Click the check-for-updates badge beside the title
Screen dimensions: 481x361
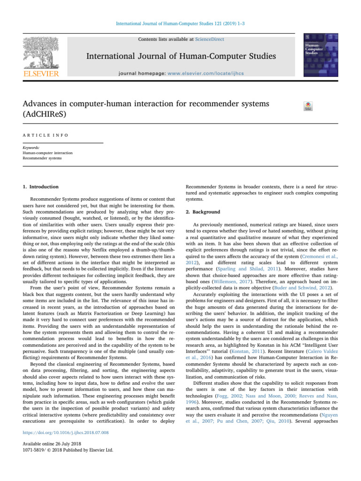tap(309, 107)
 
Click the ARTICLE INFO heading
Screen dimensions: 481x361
tap(46, 135)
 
